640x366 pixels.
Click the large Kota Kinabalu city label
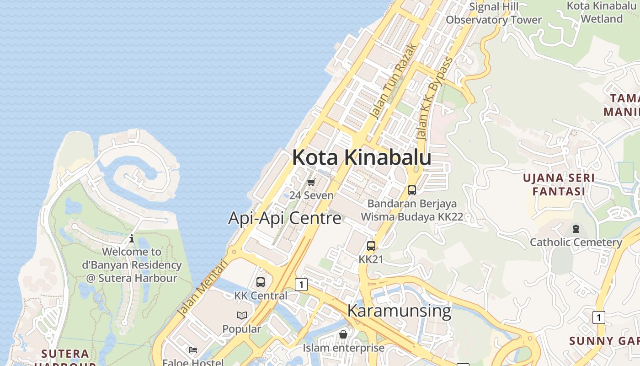click(x=361, y=158)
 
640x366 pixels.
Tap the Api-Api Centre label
click(x=284, y=218)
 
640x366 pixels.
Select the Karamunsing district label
click(x=399, y=311)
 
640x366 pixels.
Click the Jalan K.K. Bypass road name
click(x=434, y=99)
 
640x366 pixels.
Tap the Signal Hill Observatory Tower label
click(x=494, y=13)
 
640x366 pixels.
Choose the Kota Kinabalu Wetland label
click(x=602, y=12)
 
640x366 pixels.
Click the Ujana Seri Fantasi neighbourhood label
click(x=559, y=184)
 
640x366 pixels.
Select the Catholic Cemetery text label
click(x=576, y=242)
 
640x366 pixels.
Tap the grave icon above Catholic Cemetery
click(x=576, y=228)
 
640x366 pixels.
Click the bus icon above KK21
click(x=371, y=246)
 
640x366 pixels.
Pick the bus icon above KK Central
click(x=261, y=282)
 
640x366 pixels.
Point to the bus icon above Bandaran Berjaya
click(x=411, y=190)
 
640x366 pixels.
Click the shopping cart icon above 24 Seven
click(x=311, y=182)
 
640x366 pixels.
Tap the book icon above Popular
click(x=241, y=315)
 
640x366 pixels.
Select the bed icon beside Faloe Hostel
click(x=193, y=350)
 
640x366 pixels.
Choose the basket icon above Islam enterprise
click(x=343, y=334)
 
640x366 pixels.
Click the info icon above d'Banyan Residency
click(x=132, y=238)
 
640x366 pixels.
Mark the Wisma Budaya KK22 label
click(x=412, y=217)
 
